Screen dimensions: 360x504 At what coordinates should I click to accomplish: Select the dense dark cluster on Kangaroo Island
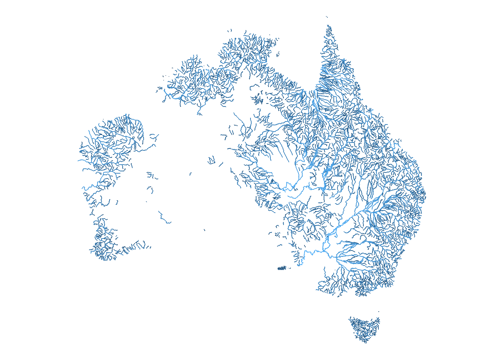(x=282, y=268)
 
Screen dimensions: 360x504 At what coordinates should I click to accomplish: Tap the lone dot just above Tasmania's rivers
(x=378, y=311)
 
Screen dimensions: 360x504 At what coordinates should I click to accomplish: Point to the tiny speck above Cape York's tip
(x=327, y=16)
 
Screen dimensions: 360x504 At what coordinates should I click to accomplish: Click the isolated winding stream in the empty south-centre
(x=164, y=218)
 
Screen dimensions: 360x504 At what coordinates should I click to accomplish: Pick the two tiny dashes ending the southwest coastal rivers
(x=148, y=247)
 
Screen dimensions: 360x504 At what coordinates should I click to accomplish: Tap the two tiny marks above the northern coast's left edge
(x=229, y=30)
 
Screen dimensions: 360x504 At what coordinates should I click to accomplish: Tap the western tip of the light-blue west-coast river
(x=78, y=160)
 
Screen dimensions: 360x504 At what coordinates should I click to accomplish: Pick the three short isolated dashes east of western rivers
(x=151, y=175)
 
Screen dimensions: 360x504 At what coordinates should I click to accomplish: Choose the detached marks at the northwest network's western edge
(x=159, y=90)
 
